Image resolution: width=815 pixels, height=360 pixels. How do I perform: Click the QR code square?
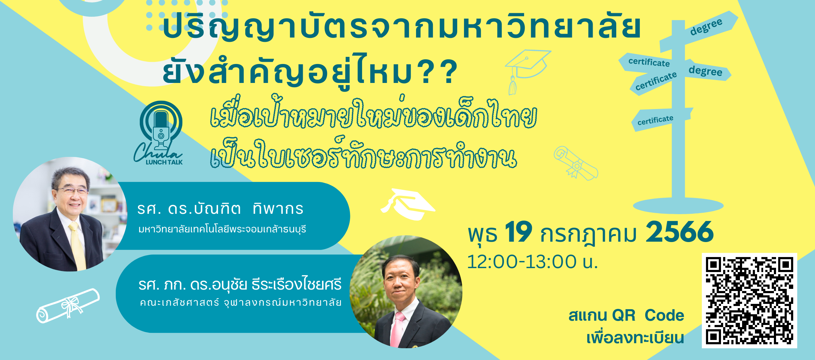coord(749,301)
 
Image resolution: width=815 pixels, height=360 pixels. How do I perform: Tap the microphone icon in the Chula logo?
coord(161,130)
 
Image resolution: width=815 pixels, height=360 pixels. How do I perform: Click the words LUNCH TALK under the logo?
coord(164,162)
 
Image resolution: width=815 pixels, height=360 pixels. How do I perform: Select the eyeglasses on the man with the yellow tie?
coord(71,191)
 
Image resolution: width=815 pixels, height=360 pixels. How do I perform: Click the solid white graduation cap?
coord(408,204)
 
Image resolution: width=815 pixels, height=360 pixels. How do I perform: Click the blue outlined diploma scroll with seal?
coord(576,163)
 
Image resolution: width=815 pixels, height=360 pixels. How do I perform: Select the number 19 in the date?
coord(518,232)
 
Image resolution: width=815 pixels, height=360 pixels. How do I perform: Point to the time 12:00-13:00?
coord(522,262)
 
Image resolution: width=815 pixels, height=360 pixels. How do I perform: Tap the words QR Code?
coord(648,315)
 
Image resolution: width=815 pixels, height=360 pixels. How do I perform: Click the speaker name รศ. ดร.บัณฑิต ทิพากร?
coord(220,209)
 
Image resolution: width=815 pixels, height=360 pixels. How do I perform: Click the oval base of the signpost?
coord(678,206)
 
